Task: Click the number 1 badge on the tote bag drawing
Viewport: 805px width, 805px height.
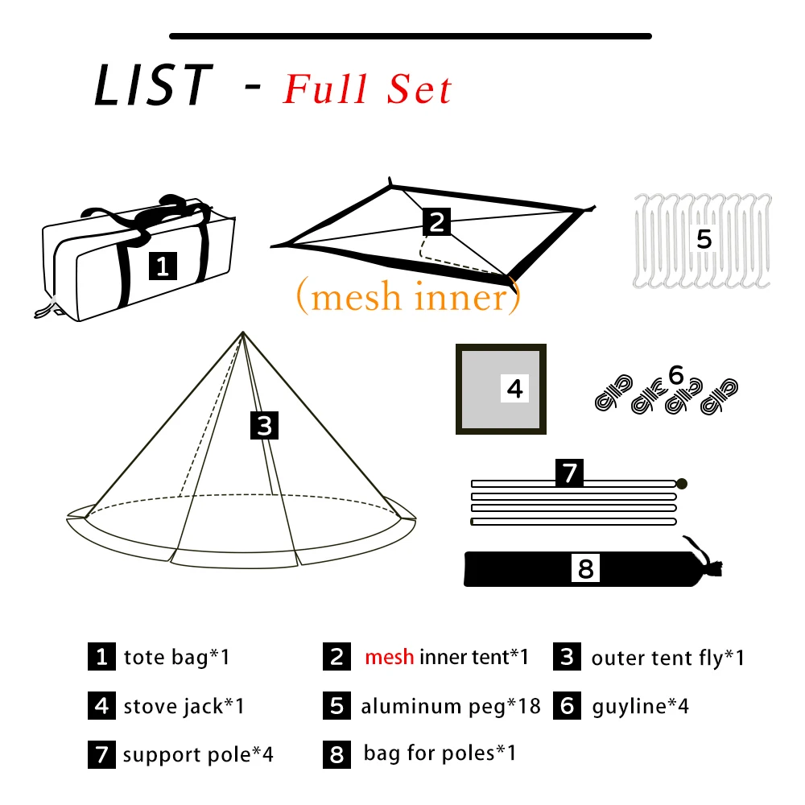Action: (x=163, y=266)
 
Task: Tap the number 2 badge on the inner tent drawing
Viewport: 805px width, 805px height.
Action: (x=436, y=221)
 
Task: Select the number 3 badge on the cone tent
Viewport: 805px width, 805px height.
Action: (x=265, y=424)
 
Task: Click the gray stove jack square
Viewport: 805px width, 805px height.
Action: (x=501, y=390)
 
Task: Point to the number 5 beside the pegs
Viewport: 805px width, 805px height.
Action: (x=704, y=239)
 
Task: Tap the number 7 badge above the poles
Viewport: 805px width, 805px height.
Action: (x=570, y=473)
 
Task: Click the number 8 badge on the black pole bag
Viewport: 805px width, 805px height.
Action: (x=585, y=569)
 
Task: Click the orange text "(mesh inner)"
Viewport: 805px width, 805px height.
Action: (x=408, y=297)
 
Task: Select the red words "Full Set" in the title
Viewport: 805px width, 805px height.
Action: (x=367, y=89)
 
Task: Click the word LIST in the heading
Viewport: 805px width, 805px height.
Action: (x=154, y=85)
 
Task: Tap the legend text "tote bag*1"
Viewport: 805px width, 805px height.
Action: (x=177, y=657)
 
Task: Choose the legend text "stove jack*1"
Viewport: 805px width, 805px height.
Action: (x=184, y=707)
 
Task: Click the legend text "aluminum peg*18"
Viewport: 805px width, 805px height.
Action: (x=451, y=707)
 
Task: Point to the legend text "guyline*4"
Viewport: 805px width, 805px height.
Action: (x=641, y=707)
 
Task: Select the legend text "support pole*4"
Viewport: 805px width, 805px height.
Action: (x=198, y=755)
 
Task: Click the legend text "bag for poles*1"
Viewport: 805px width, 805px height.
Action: (x=440, y=753)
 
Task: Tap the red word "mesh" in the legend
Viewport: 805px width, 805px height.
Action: (x=390, y=657)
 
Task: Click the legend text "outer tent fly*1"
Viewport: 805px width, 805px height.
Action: (x=668, y=658)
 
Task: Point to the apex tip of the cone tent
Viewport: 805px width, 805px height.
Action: (x=242, y=332)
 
